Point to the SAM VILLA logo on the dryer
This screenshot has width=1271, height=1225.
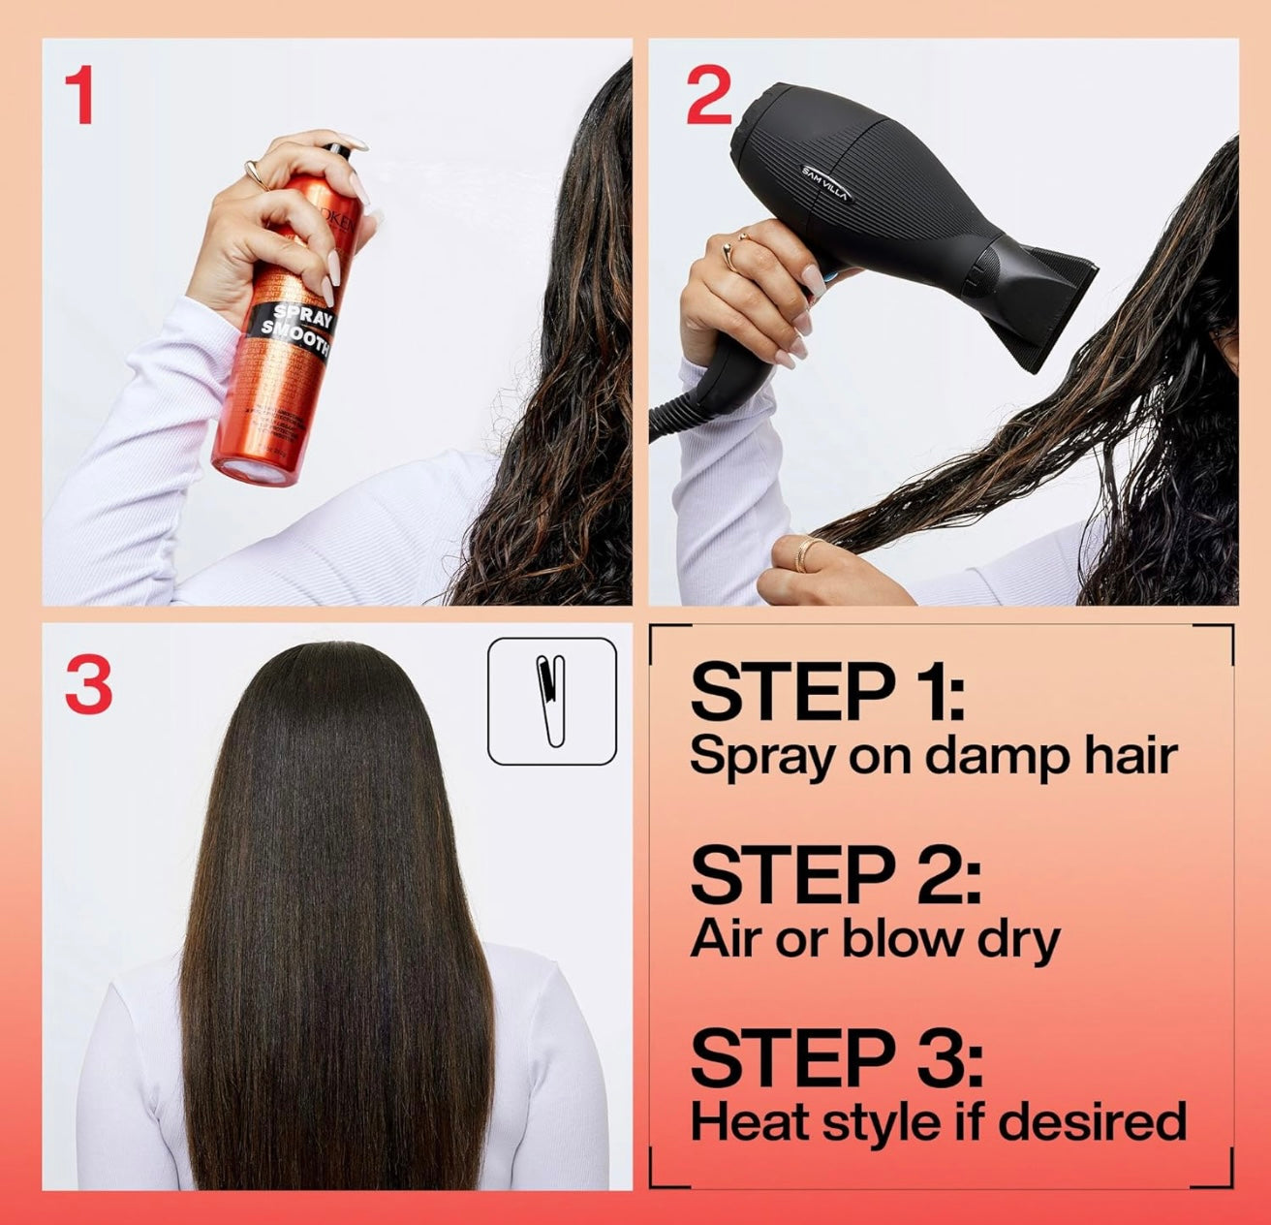pyautogui.click(x=825, y=182)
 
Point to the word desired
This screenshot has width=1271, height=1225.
pyautogui.click(x=1091, y=1121)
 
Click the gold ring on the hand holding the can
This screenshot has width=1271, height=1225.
pyautogui.click(x=255, y=173)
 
